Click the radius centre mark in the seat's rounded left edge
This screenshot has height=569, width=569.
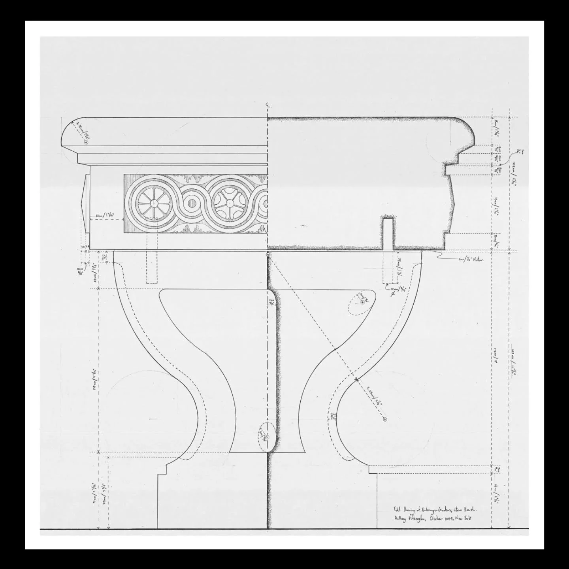(x=86, y=142)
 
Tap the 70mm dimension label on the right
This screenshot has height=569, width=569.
(x=497, y=205)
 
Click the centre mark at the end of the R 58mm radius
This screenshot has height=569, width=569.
(x=385, y=419)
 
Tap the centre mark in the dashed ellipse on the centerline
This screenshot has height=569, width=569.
(x=267, y=437)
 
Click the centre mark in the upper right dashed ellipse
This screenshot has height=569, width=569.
(x=362, y=302)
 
